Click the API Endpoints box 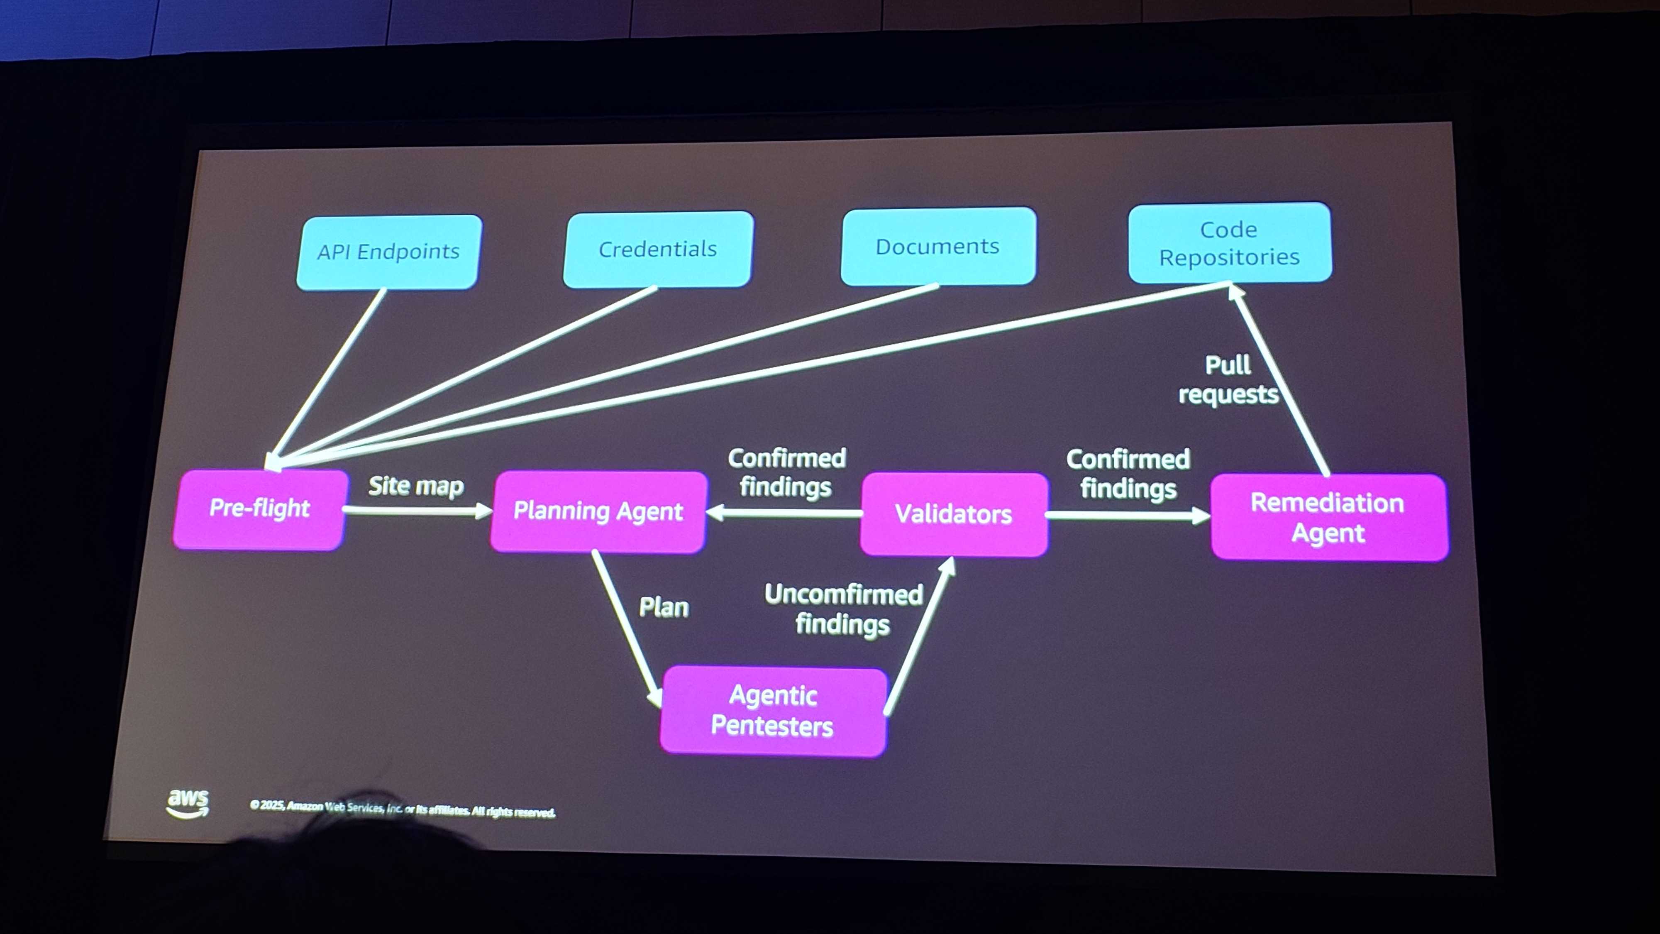point(388,252)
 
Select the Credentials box point(658,249)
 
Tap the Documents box point(937,246)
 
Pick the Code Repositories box point(1229,243)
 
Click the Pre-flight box point(259,509)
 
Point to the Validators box point(953,514)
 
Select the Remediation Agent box point(1328,518)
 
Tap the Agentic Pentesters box point(773,711)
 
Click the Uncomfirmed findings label point(843,609)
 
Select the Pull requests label point(1228,380)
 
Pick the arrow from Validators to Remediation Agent point(1128,516)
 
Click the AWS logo point(188,803)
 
